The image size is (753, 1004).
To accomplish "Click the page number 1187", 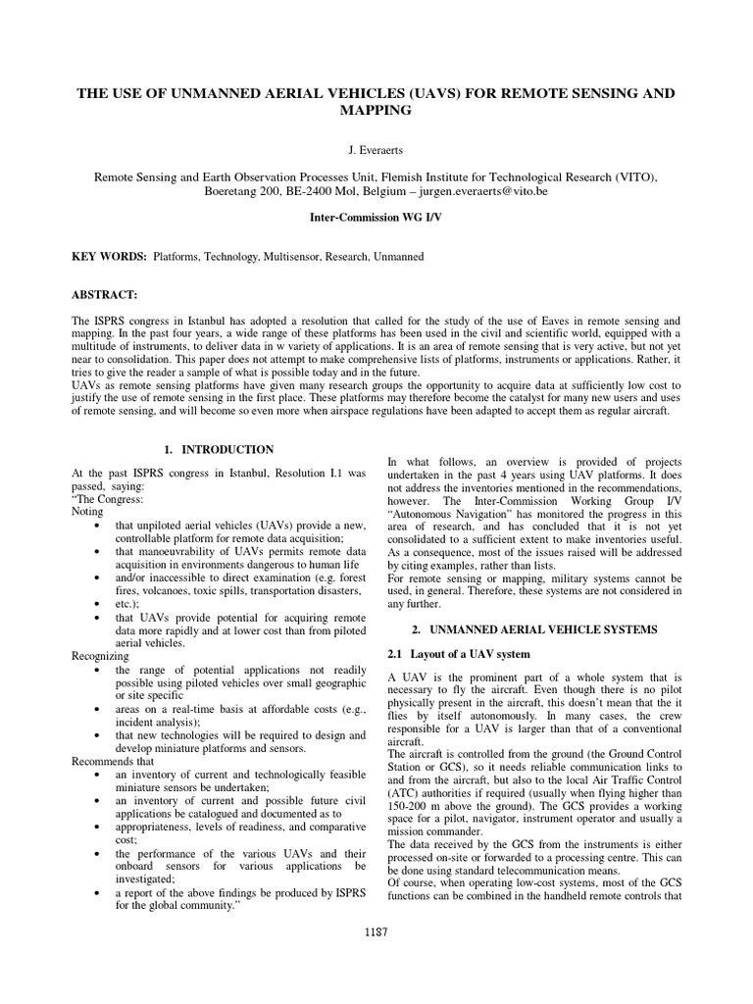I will pos(376,932).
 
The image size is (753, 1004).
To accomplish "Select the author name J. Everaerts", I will pos(376,149).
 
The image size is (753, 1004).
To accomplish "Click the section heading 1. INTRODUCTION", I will pos(219,449).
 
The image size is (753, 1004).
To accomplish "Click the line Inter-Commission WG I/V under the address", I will pos(376,216).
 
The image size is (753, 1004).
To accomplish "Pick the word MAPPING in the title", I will pos(376,112).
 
